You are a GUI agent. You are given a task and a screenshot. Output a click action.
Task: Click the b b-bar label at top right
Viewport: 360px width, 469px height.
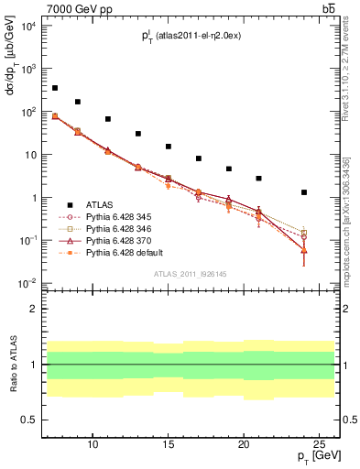click(328, 8)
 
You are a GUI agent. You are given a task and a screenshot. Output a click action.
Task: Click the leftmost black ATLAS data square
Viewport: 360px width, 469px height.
click(55, 88)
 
